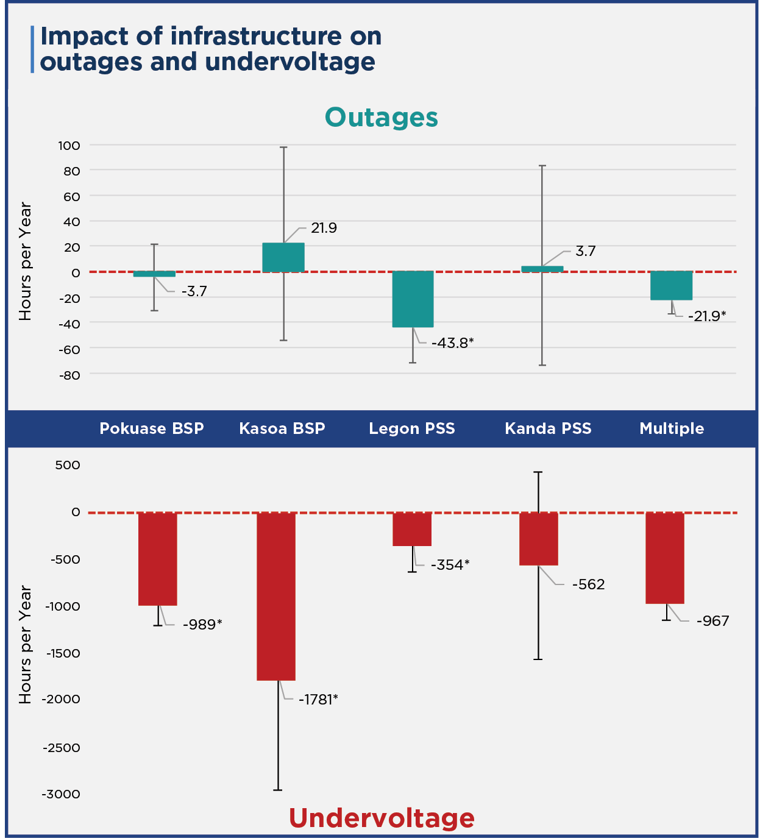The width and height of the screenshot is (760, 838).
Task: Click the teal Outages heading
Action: coord(381,117)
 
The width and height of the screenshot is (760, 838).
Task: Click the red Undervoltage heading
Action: coord(382,818)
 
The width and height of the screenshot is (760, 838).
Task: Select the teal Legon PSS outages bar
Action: coord(413,299)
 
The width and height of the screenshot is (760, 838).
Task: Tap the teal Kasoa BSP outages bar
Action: coord(283,257)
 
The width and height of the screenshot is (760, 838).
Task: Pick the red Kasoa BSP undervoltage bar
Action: coord(276,596)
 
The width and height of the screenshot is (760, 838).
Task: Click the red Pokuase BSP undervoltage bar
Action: coord(158,559)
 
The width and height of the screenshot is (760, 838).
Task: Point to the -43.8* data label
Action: coord(452,343)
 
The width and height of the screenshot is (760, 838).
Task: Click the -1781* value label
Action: coord(318,699)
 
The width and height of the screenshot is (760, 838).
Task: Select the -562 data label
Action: coord(588,584)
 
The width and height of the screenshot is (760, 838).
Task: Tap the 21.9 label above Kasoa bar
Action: coord(324,228)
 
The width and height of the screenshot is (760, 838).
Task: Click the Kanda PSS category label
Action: coord(548,428)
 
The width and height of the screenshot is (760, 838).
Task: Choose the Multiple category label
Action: coord(672,428)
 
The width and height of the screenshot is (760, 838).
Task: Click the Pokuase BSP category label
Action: coord(152,428)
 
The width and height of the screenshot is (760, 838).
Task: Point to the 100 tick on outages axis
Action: coord(69,145)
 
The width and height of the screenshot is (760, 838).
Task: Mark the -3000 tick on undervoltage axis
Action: coord(61,794)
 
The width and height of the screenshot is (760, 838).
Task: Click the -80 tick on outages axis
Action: coord(69,375)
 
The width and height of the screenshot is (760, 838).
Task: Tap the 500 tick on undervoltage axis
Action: coord(68,465)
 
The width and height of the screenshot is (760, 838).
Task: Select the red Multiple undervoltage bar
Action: coord(665,558)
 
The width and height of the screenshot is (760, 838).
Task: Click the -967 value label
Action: coord(712,621)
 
